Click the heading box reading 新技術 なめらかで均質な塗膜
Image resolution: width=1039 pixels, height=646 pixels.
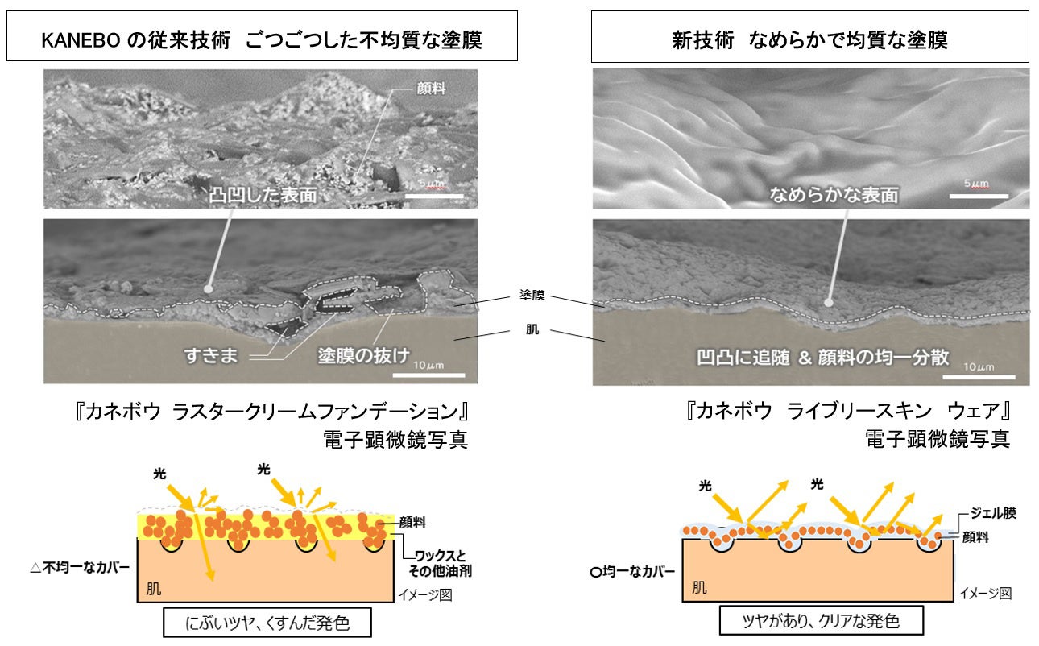tap(809, 38)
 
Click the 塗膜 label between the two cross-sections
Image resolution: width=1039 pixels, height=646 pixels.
tap(532, 296)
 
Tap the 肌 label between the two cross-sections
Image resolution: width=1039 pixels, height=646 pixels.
tap(532, 330)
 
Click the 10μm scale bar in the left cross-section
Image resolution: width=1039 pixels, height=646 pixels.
tap(429, 373)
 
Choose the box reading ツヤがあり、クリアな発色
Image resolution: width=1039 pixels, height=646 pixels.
tap(821, 622)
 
